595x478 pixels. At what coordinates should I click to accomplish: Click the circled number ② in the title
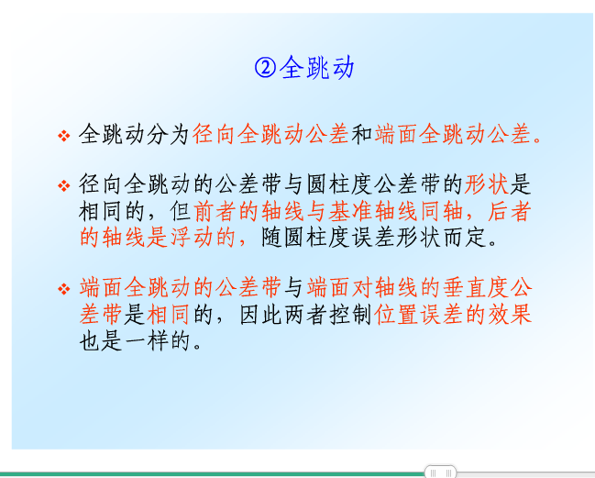(x=265, y=68)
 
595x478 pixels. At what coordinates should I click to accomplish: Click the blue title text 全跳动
(x=317, y=68)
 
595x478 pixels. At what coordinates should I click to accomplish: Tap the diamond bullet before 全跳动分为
(x=64, y=135)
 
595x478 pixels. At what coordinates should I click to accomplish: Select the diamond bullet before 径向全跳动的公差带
(x=64, y=185)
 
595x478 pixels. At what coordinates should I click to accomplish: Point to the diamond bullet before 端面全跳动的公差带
(x=64, y=289)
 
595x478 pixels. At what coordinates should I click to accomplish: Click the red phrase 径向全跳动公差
(x=270, y=134)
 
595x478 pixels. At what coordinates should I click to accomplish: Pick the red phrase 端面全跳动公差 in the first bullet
(x=453, y=134)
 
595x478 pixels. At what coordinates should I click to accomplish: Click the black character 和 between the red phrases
(x=361, y=134)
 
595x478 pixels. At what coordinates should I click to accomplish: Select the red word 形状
(x=487, y=184)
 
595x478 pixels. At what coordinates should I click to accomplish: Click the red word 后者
(x=509, y=211)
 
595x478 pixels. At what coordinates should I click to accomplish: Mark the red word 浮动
(x=192, y=238)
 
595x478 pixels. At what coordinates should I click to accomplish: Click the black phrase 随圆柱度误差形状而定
(x=375, y=238)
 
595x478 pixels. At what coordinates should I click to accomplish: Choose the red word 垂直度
(x=476, y=288)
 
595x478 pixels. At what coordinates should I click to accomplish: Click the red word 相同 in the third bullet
(x=168, y=315)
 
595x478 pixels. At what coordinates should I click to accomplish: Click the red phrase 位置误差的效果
(x=453, y=315)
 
